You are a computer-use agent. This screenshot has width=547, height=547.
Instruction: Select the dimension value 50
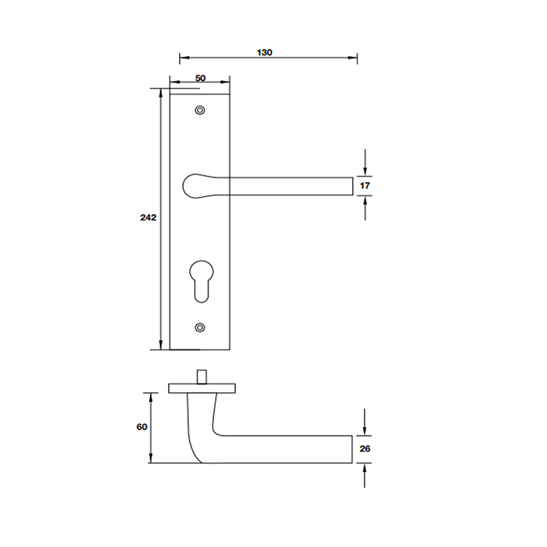tap(200, 78)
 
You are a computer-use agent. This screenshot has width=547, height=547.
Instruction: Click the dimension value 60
tap(142, 427)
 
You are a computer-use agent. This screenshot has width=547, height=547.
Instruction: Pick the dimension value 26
tap(364, 449)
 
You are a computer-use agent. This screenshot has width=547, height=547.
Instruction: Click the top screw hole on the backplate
tap(200, 110)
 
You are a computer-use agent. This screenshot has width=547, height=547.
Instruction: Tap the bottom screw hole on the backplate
tap(200, 328)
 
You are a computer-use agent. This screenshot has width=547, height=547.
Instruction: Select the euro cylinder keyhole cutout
tap(200, 279)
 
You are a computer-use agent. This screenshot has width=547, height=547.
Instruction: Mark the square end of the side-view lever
tap(349, 449)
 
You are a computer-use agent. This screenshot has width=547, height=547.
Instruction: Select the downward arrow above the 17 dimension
tap(366, 168)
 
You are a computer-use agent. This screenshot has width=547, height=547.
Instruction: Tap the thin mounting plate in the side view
tap(202, 388)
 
